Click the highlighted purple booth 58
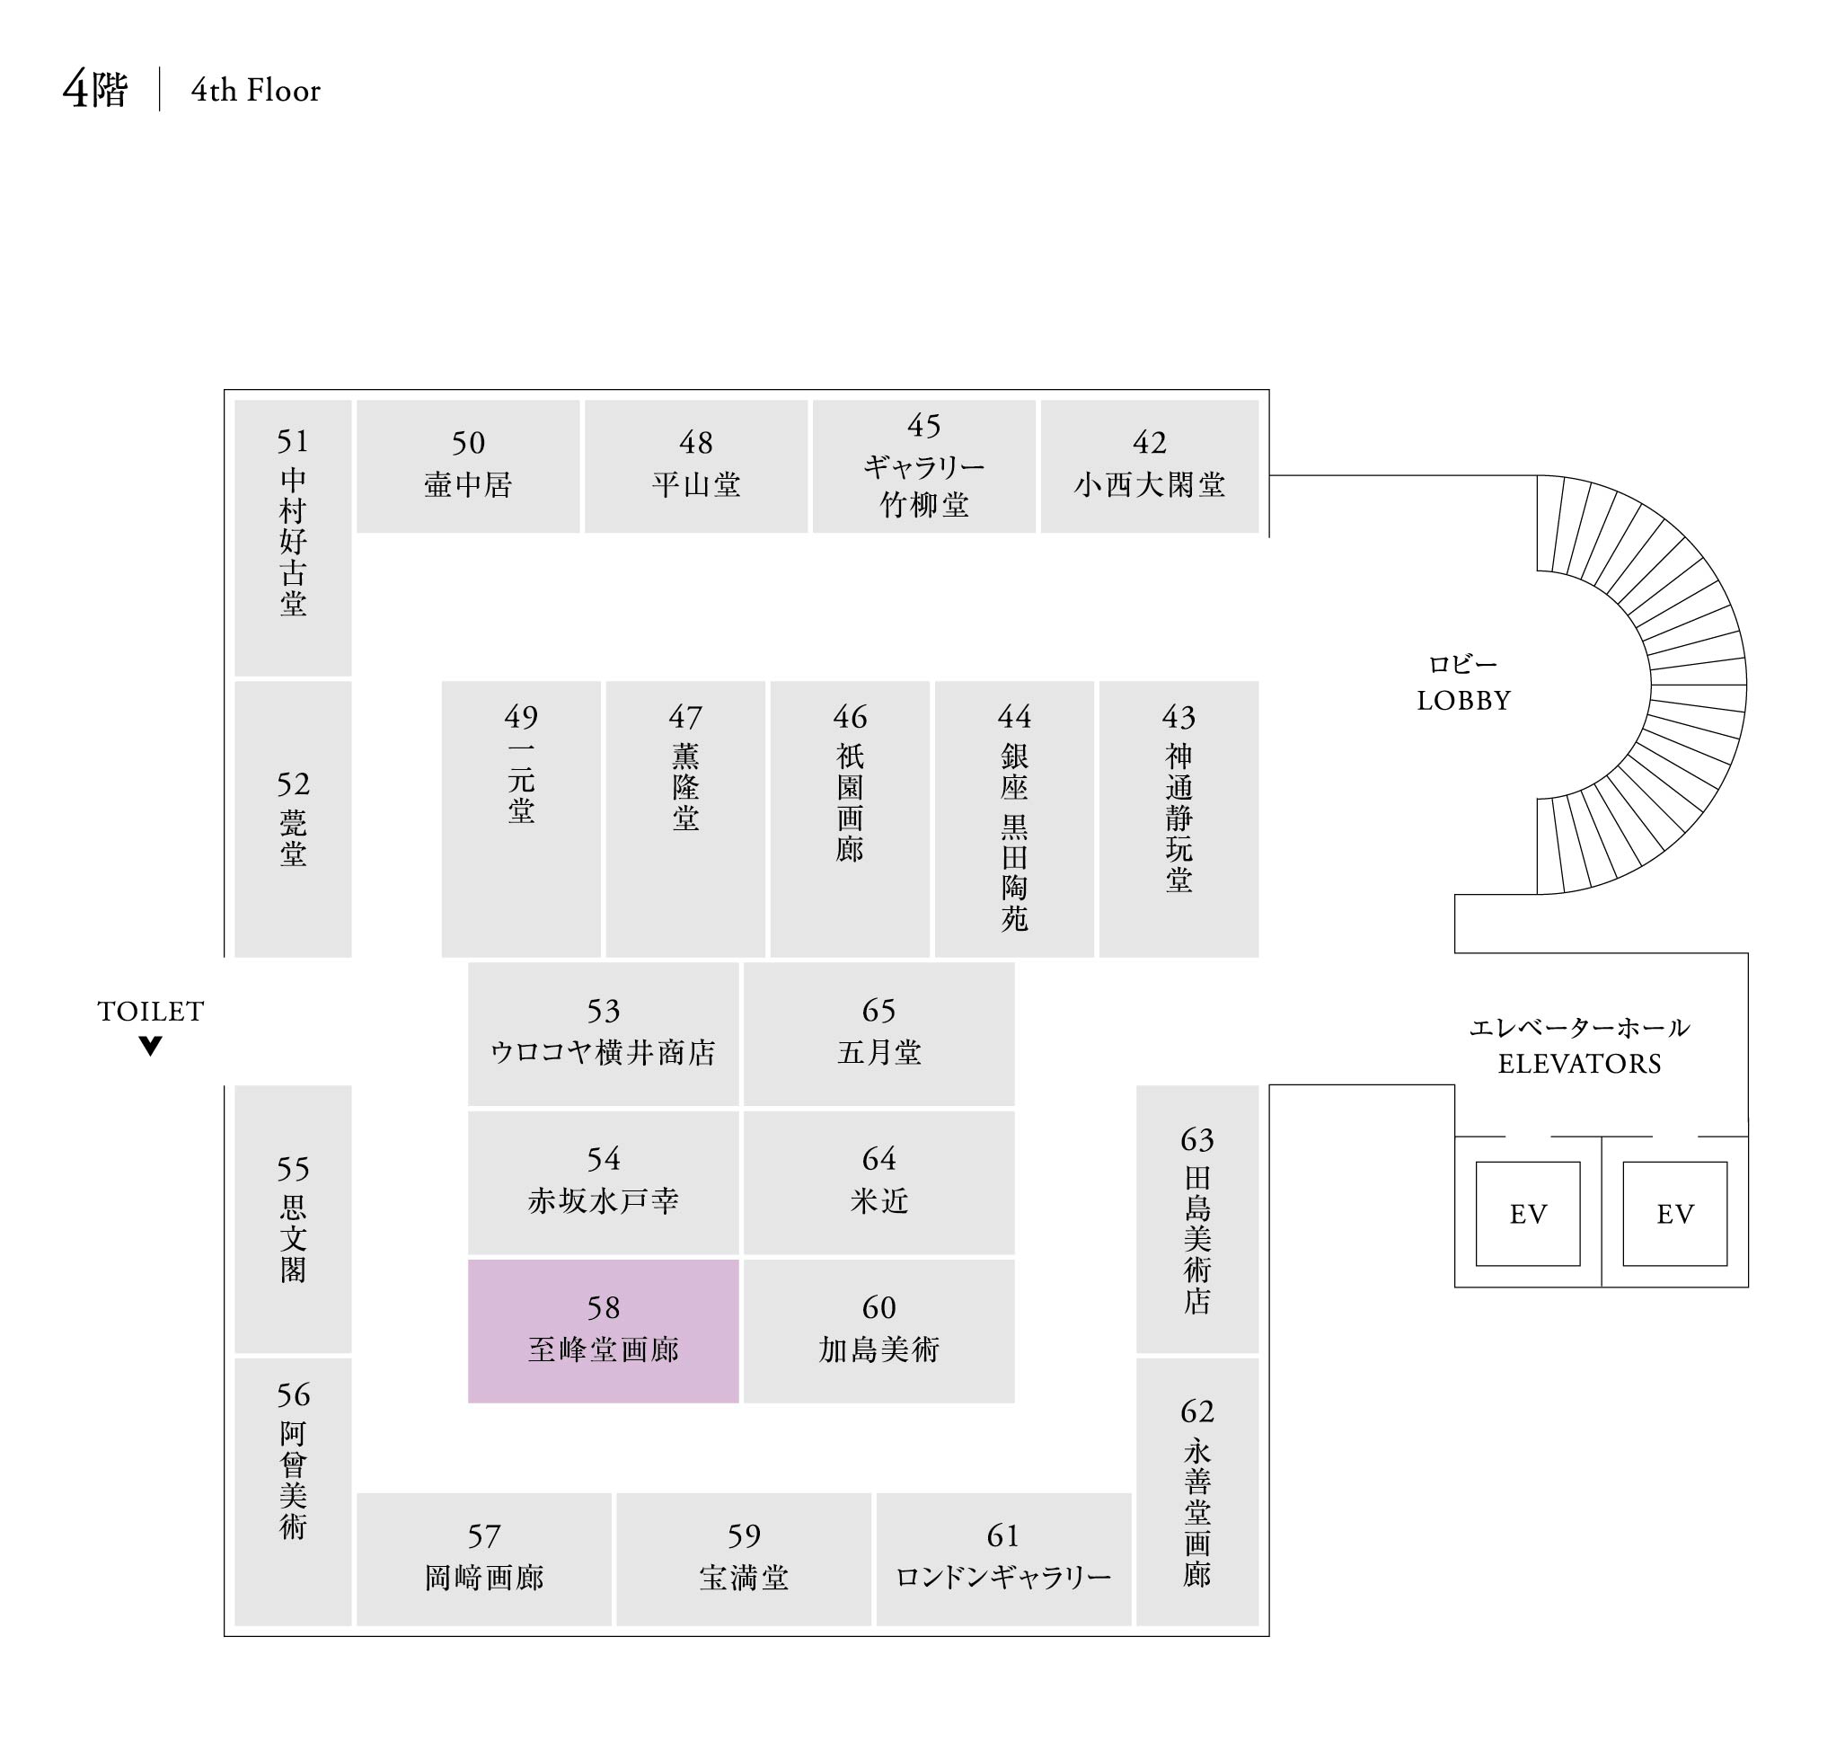[603, 1331]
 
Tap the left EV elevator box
[1527, 1214]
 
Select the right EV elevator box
[1674, 1214]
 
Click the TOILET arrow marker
[151, 1046]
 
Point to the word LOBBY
[1463, 701]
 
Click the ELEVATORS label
[1579, 1064]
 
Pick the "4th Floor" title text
[255, 90]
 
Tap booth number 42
[1149, 442]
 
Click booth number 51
[293, 440]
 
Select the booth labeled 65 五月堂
[878, 1033]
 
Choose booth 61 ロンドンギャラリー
[1003, 1559]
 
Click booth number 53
[603, 1010]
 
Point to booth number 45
[924, 426]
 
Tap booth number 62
[1196, 1411]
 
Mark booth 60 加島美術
[878, 1331]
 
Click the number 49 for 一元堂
[521, 716]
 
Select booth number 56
[293, 1394]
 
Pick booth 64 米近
[878, 1181]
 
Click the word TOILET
[151, 1011]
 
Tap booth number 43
[1178, 716]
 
